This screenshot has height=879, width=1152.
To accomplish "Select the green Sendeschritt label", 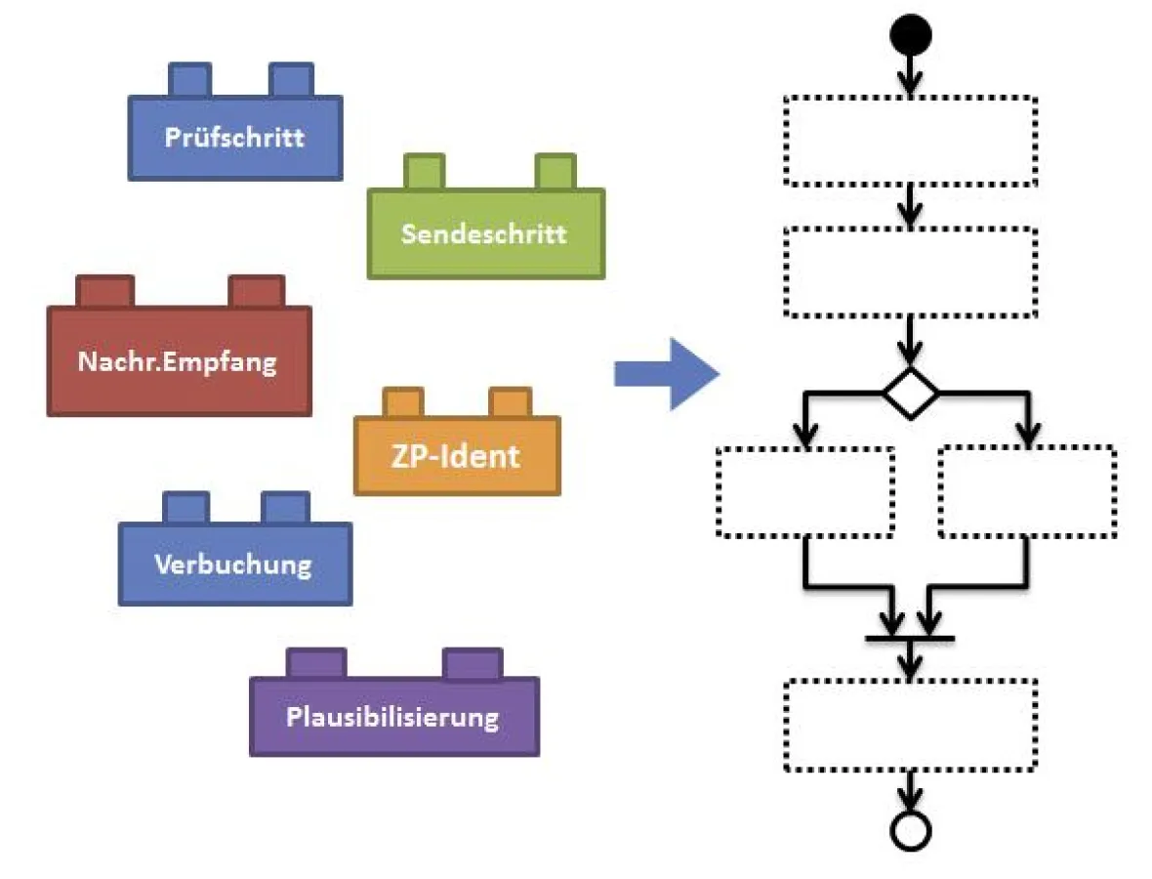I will click(484, 234).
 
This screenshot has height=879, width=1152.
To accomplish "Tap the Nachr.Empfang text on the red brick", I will click(178, 362).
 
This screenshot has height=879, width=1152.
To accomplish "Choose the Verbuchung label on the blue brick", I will click(233, 564).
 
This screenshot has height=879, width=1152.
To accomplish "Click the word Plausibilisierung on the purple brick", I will click(392, 717).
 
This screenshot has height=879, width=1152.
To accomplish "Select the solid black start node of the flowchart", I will click(910, 36).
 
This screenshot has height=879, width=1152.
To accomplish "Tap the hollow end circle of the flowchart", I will click(910, 830).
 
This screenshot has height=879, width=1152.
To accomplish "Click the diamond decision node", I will click(911, 395).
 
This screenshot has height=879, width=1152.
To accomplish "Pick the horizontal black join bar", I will click(909, 640).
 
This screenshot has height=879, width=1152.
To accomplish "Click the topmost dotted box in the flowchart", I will click(910, 141).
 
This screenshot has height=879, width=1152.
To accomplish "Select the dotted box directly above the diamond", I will click(910, 272).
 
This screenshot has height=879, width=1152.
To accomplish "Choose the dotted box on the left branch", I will click(805, 491).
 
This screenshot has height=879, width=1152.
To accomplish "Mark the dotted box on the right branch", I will click(1027, 491).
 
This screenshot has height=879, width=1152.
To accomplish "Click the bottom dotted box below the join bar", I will click(910, 725).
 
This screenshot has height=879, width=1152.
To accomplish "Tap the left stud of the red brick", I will click(104, 291).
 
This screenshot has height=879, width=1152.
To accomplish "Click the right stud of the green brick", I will click(555, 172).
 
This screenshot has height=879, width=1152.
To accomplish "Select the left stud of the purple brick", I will click(316, 663).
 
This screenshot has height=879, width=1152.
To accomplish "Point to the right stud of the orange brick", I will click(509, 402).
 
